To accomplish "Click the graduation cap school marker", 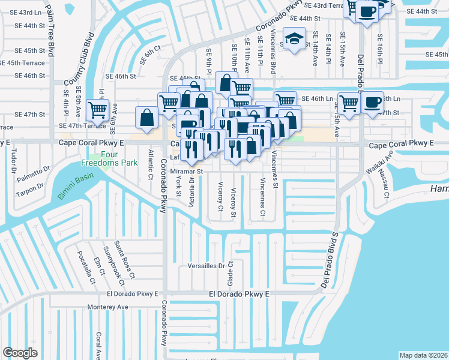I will tap(292, 39).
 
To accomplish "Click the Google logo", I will tap(20, 353).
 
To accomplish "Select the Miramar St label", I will tap(188, 171).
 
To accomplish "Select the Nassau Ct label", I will tap(387, 187).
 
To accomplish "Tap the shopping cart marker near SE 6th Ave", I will tap(97, 109).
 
